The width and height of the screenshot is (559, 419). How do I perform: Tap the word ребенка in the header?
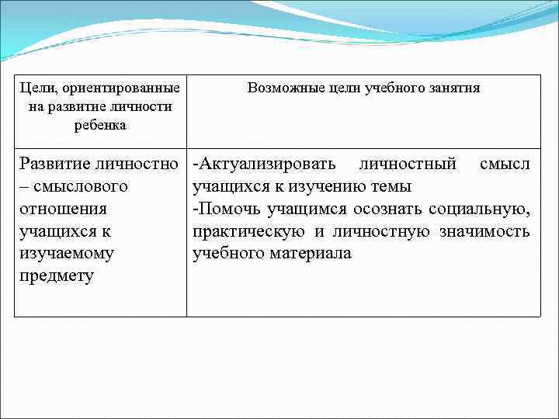pyautogui.click(x=100, y=125)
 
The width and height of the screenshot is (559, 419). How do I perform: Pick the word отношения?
pyautogui.click(x=64, y=209)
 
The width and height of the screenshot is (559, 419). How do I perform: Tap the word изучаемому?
pyautogui.click(x=67, y=254)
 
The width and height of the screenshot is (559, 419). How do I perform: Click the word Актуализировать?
pyautogui.click(x=267, y=164)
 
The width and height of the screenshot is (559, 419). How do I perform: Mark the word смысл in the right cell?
pyautogui.click(x=505, y=164)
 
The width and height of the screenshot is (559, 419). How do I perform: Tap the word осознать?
pyautogui.click(x=384, y=209)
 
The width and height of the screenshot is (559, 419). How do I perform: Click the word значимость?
pyautogui.click(x=486, y=231)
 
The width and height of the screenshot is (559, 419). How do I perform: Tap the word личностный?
pyautogui.click(x=408, y=164)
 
